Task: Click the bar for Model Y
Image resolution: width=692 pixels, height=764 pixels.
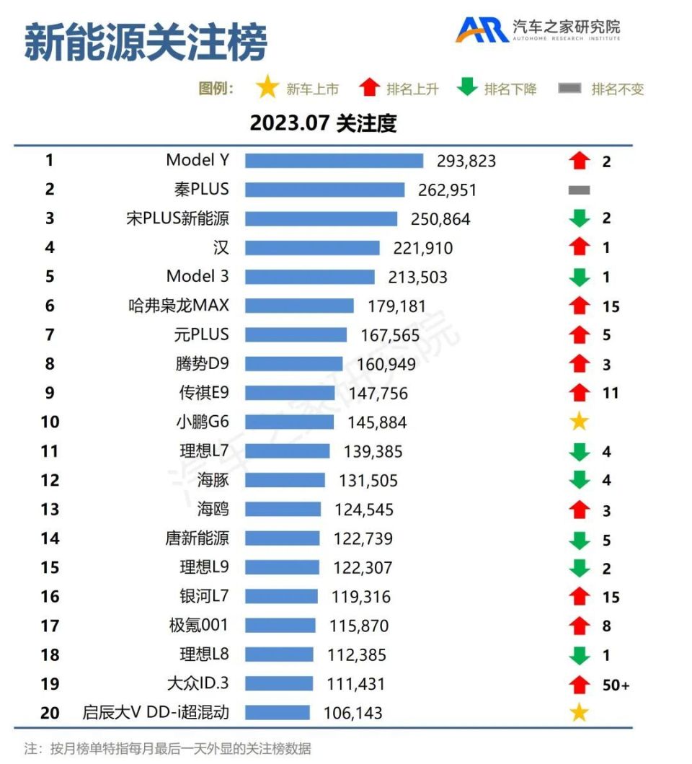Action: (x=334, y=161)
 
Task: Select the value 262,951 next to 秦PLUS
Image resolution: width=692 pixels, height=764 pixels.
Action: (x=447, y=190)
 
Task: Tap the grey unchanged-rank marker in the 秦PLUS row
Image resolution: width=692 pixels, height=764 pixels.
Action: (x=579, y=190)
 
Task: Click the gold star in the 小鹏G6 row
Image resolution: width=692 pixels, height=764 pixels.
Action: (x=580, y=422)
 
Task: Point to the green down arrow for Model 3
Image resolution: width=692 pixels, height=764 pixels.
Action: (x=580, y=277)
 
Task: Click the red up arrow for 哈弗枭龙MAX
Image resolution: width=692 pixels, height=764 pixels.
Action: (x=580, y=306)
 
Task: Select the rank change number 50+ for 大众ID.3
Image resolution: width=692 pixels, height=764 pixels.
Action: (x=616, y=685)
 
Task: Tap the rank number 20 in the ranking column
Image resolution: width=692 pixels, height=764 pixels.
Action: (x=50, y=714)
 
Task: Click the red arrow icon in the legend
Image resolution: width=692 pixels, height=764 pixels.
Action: (x=370, y=89)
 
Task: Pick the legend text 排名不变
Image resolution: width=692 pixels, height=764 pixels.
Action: (x=617, y=89)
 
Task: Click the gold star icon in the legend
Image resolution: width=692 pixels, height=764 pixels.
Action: (x=267, y=89)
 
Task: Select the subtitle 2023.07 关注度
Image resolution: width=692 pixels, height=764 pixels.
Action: (x=323, y=123)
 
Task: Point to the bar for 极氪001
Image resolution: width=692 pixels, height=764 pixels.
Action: (x=280, y=626)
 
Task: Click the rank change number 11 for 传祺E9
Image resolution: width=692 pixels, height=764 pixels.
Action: (x=611, y=394)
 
